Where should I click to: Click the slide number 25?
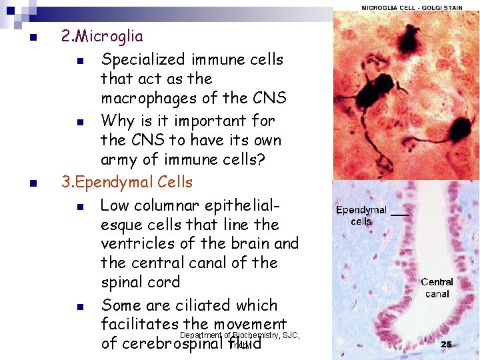click(x=446, y=345)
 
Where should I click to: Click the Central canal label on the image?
click(x=437, y=288)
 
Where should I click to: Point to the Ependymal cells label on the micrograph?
click(x=361, y=215)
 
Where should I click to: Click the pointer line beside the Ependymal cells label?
click(x=399, y=214)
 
